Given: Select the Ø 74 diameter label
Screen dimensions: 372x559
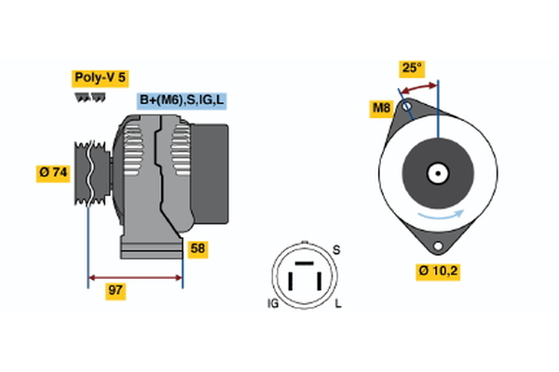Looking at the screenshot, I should (x=53, y=173).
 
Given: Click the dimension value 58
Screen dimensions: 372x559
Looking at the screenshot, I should (x=198, y=248).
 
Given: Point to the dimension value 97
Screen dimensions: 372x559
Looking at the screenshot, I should (x=116, y=291).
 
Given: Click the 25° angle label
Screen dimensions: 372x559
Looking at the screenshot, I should (x=412, y=68).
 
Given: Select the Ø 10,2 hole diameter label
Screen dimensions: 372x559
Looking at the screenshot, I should (x=439, y=272).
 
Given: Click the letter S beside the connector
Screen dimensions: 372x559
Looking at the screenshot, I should (x=336, y=250).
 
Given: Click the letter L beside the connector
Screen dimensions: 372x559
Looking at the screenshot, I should (x=337, y=304).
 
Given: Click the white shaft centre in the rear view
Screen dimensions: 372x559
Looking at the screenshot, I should (x=437, y=173).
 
